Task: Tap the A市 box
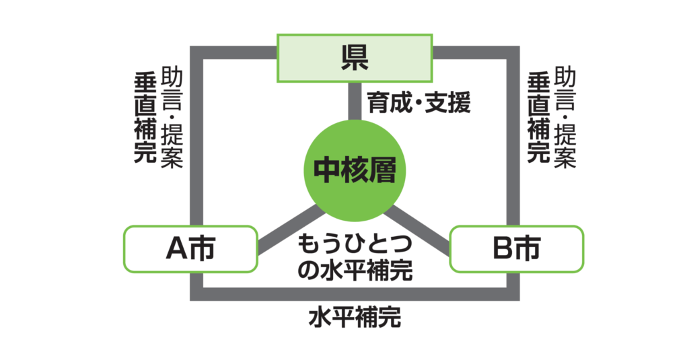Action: pyautogui.click(x=190, y=248)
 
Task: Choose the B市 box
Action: pyautogui.click(x=517, y=248)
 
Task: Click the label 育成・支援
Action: pyautogui.click(x=418, y=102)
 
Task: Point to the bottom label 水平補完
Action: pyautogui.click(x=355, y=316)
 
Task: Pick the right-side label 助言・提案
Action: pyautogui.click(x=567, y=118)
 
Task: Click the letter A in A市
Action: pyautogui.click(x=176, y=249)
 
